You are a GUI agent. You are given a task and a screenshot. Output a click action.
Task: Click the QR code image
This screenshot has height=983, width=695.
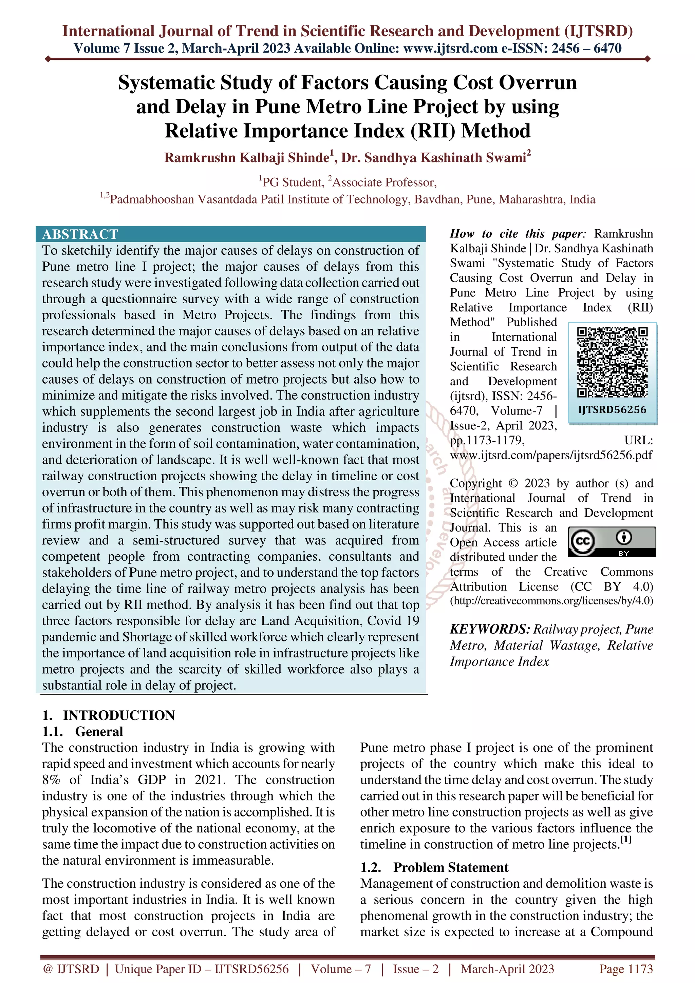click(612, 362)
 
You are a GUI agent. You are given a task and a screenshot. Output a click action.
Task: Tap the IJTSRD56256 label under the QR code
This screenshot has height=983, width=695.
click(612, 410)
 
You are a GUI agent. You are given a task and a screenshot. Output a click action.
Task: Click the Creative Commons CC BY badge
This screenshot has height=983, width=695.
click(612, 542)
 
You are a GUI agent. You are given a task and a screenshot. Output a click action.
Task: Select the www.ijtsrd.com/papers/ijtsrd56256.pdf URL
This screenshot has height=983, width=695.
click(551, 455)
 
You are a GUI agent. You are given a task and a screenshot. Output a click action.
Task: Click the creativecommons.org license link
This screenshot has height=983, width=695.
click(551, 601)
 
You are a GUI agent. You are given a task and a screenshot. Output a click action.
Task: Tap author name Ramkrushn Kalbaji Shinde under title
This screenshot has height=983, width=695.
click(247, 158)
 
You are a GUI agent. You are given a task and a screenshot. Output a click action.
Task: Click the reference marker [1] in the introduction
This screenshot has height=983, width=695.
click(626, 840)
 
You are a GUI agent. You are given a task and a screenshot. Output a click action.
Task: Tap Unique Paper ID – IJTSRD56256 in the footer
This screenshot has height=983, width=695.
click(202, 969)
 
